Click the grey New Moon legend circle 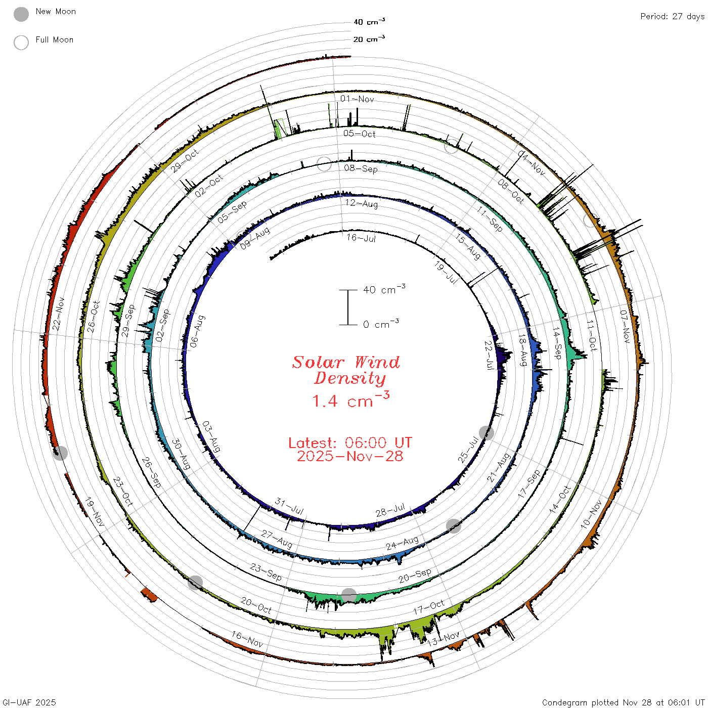[x=21, y=14]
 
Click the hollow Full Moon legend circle [x=21, y=42]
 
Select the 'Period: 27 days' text [x=672, y=17]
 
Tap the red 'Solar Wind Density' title [x=346, y=370]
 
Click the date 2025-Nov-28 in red [x=350, y=456]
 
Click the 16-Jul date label [x=361, y=238]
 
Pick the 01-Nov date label [x=357, y=99]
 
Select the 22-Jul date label [x=489, y=356]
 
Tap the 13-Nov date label [x=443, y=639]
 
